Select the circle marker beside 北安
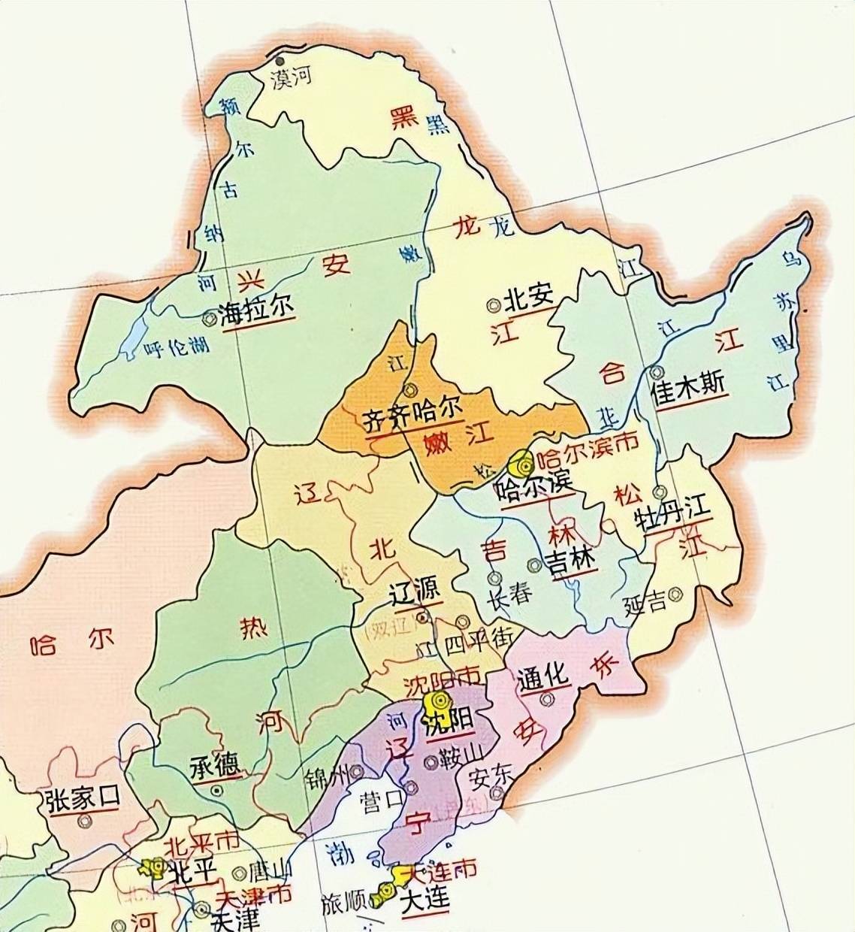point(494,304)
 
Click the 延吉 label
point(645,603)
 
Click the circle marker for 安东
point(497,794)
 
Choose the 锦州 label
point(329,776)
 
